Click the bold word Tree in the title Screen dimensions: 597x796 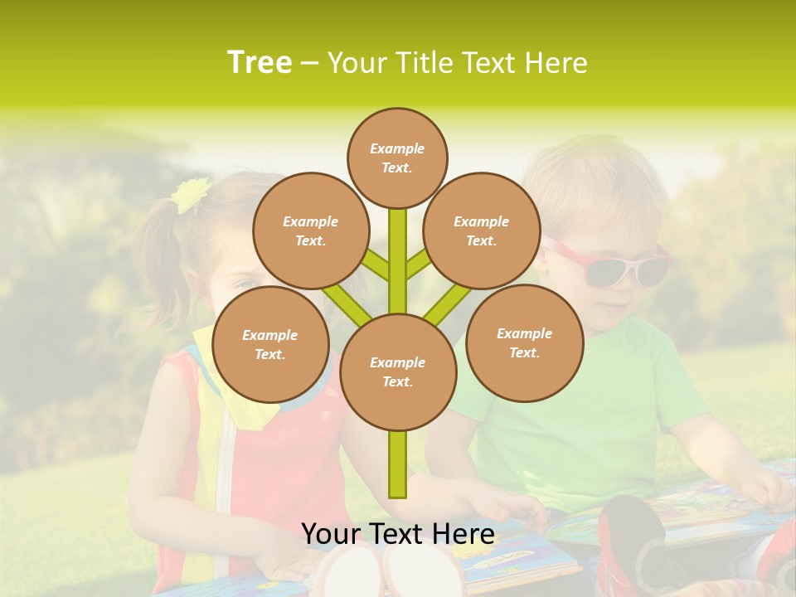click(x=260, y=63)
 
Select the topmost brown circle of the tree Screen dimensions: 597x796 click(x=397, y=158)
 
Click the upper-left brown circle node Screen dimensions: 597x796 click(x=310, y=231)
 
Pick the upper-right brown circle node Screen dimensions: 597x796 click(x=481, y=231)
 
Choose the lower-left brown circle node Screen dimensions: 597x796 click(x=269, y=344)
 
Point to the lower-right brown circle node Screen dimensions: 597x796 click(x=524, y=342)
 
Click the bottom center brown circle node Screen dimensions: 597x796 click(x=397, y=372)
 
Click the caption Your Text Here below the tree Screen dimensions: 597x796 click(x=397, y=533)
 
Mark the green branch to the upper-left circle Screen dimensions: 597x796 click(x=376, y=265)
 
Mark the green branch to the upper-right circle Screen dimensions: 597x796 click(x=417, y=265)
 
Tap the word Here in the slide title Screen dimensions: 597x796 click(x=554, y=63)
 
